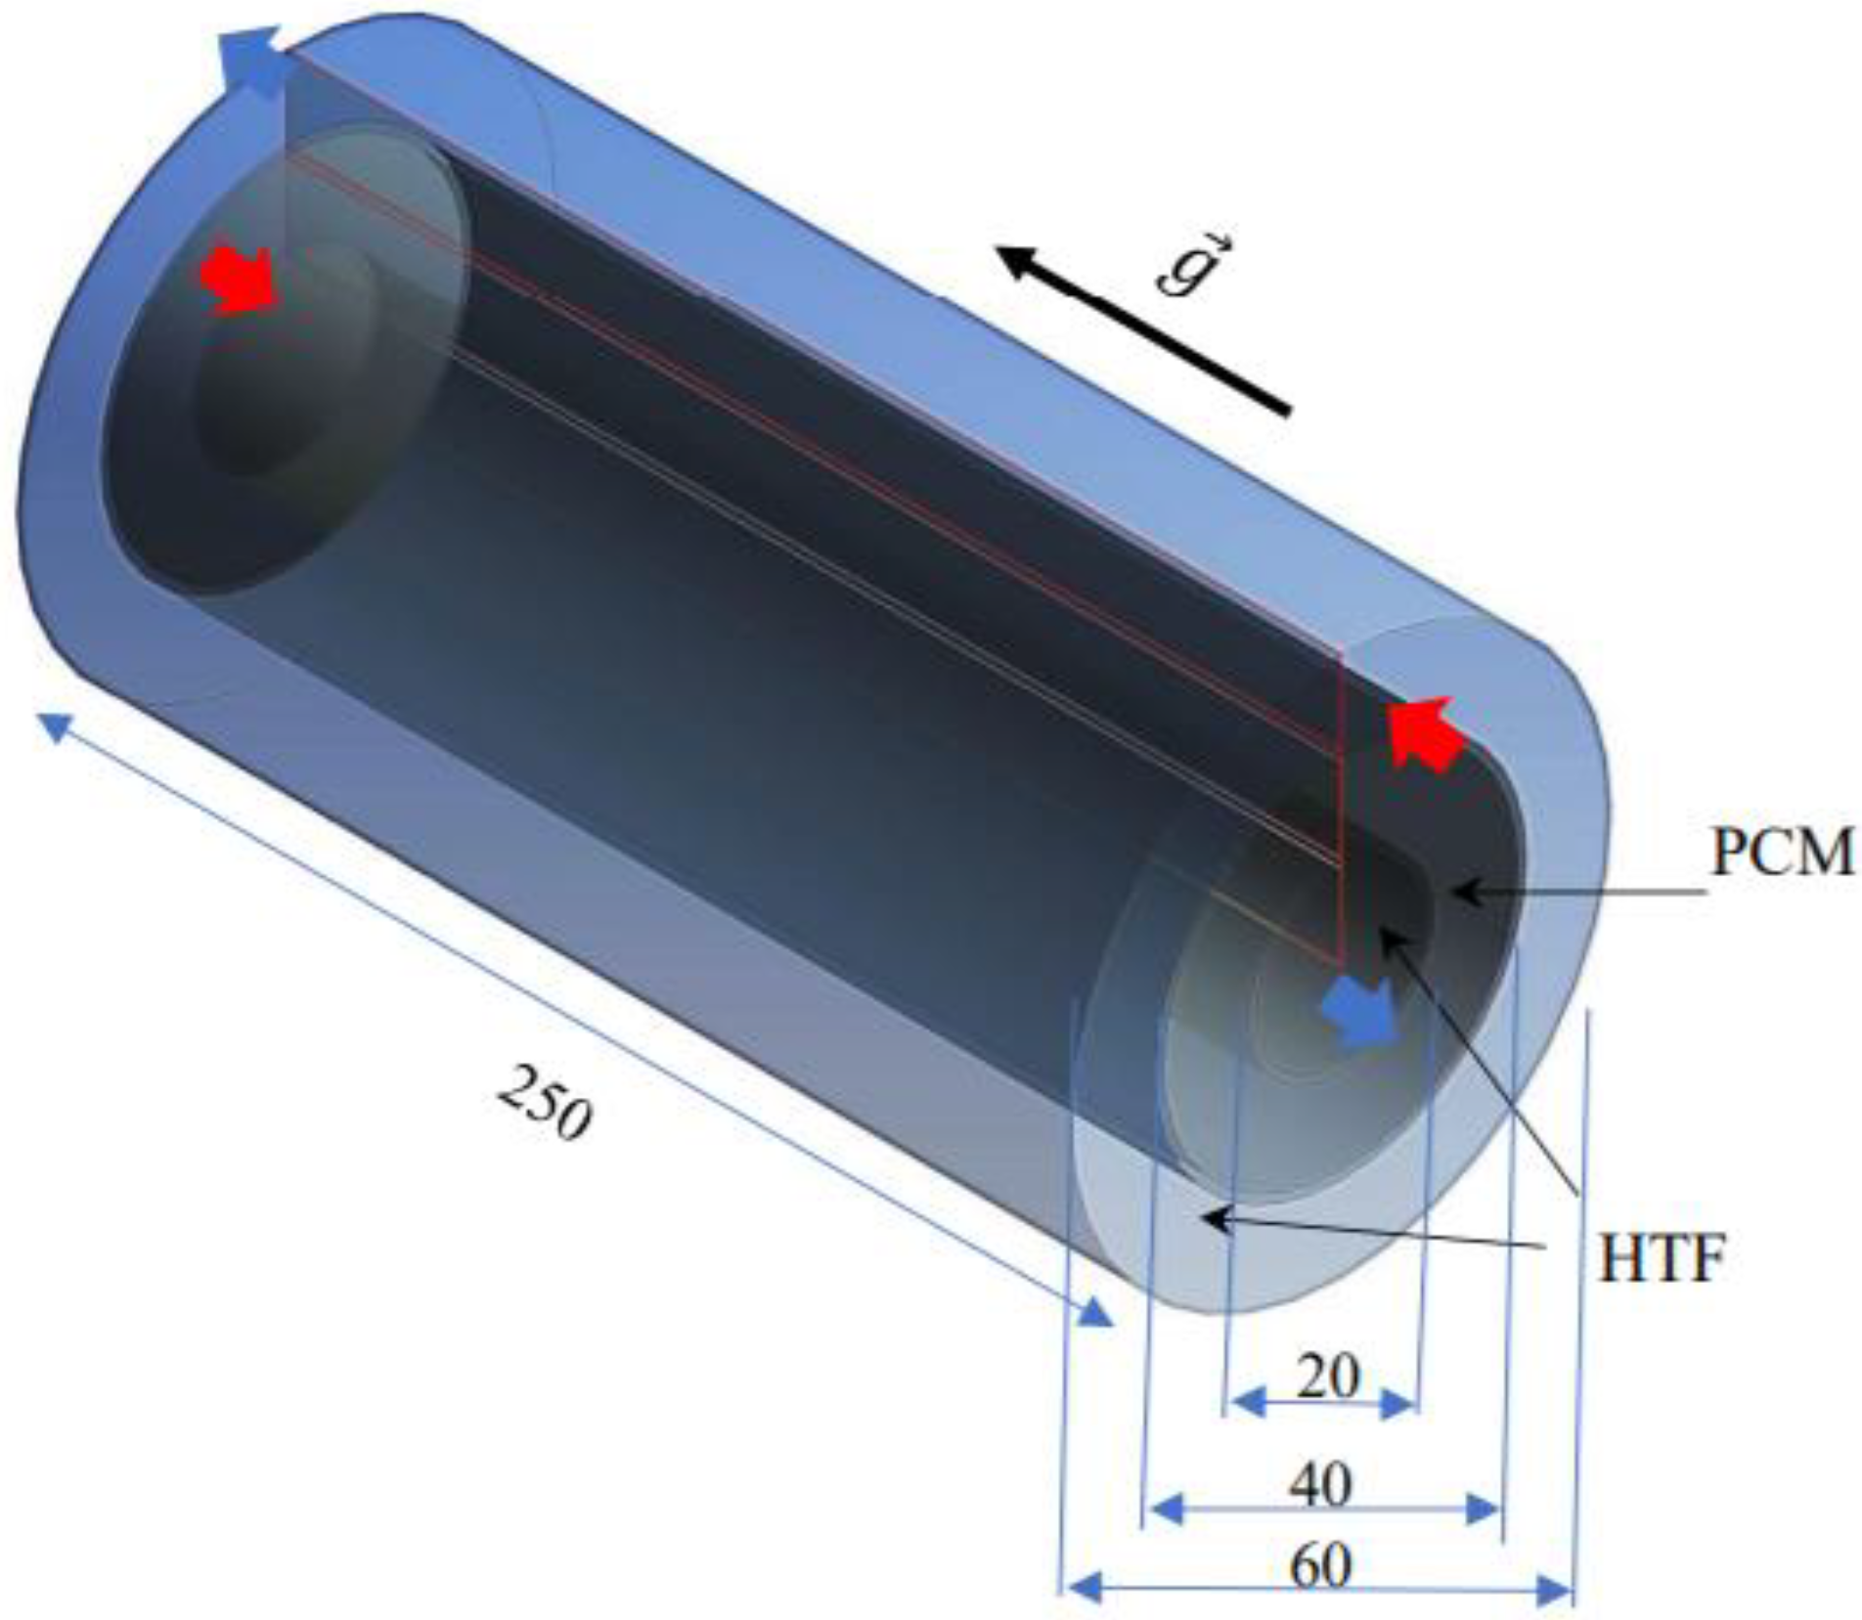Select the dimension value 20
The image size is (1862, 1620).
(1327, 1377)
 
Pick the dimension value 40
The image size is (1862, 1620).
(1320, 1484)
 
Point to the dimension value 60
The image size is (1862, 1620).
(1320, 1565)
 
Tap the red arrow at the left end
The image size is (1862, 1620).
(240, 281)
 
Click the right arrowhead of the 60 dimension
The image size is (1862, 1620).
(1555, 1592)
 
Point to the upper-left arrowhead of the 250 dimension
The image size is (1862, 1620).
(54, 726)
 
